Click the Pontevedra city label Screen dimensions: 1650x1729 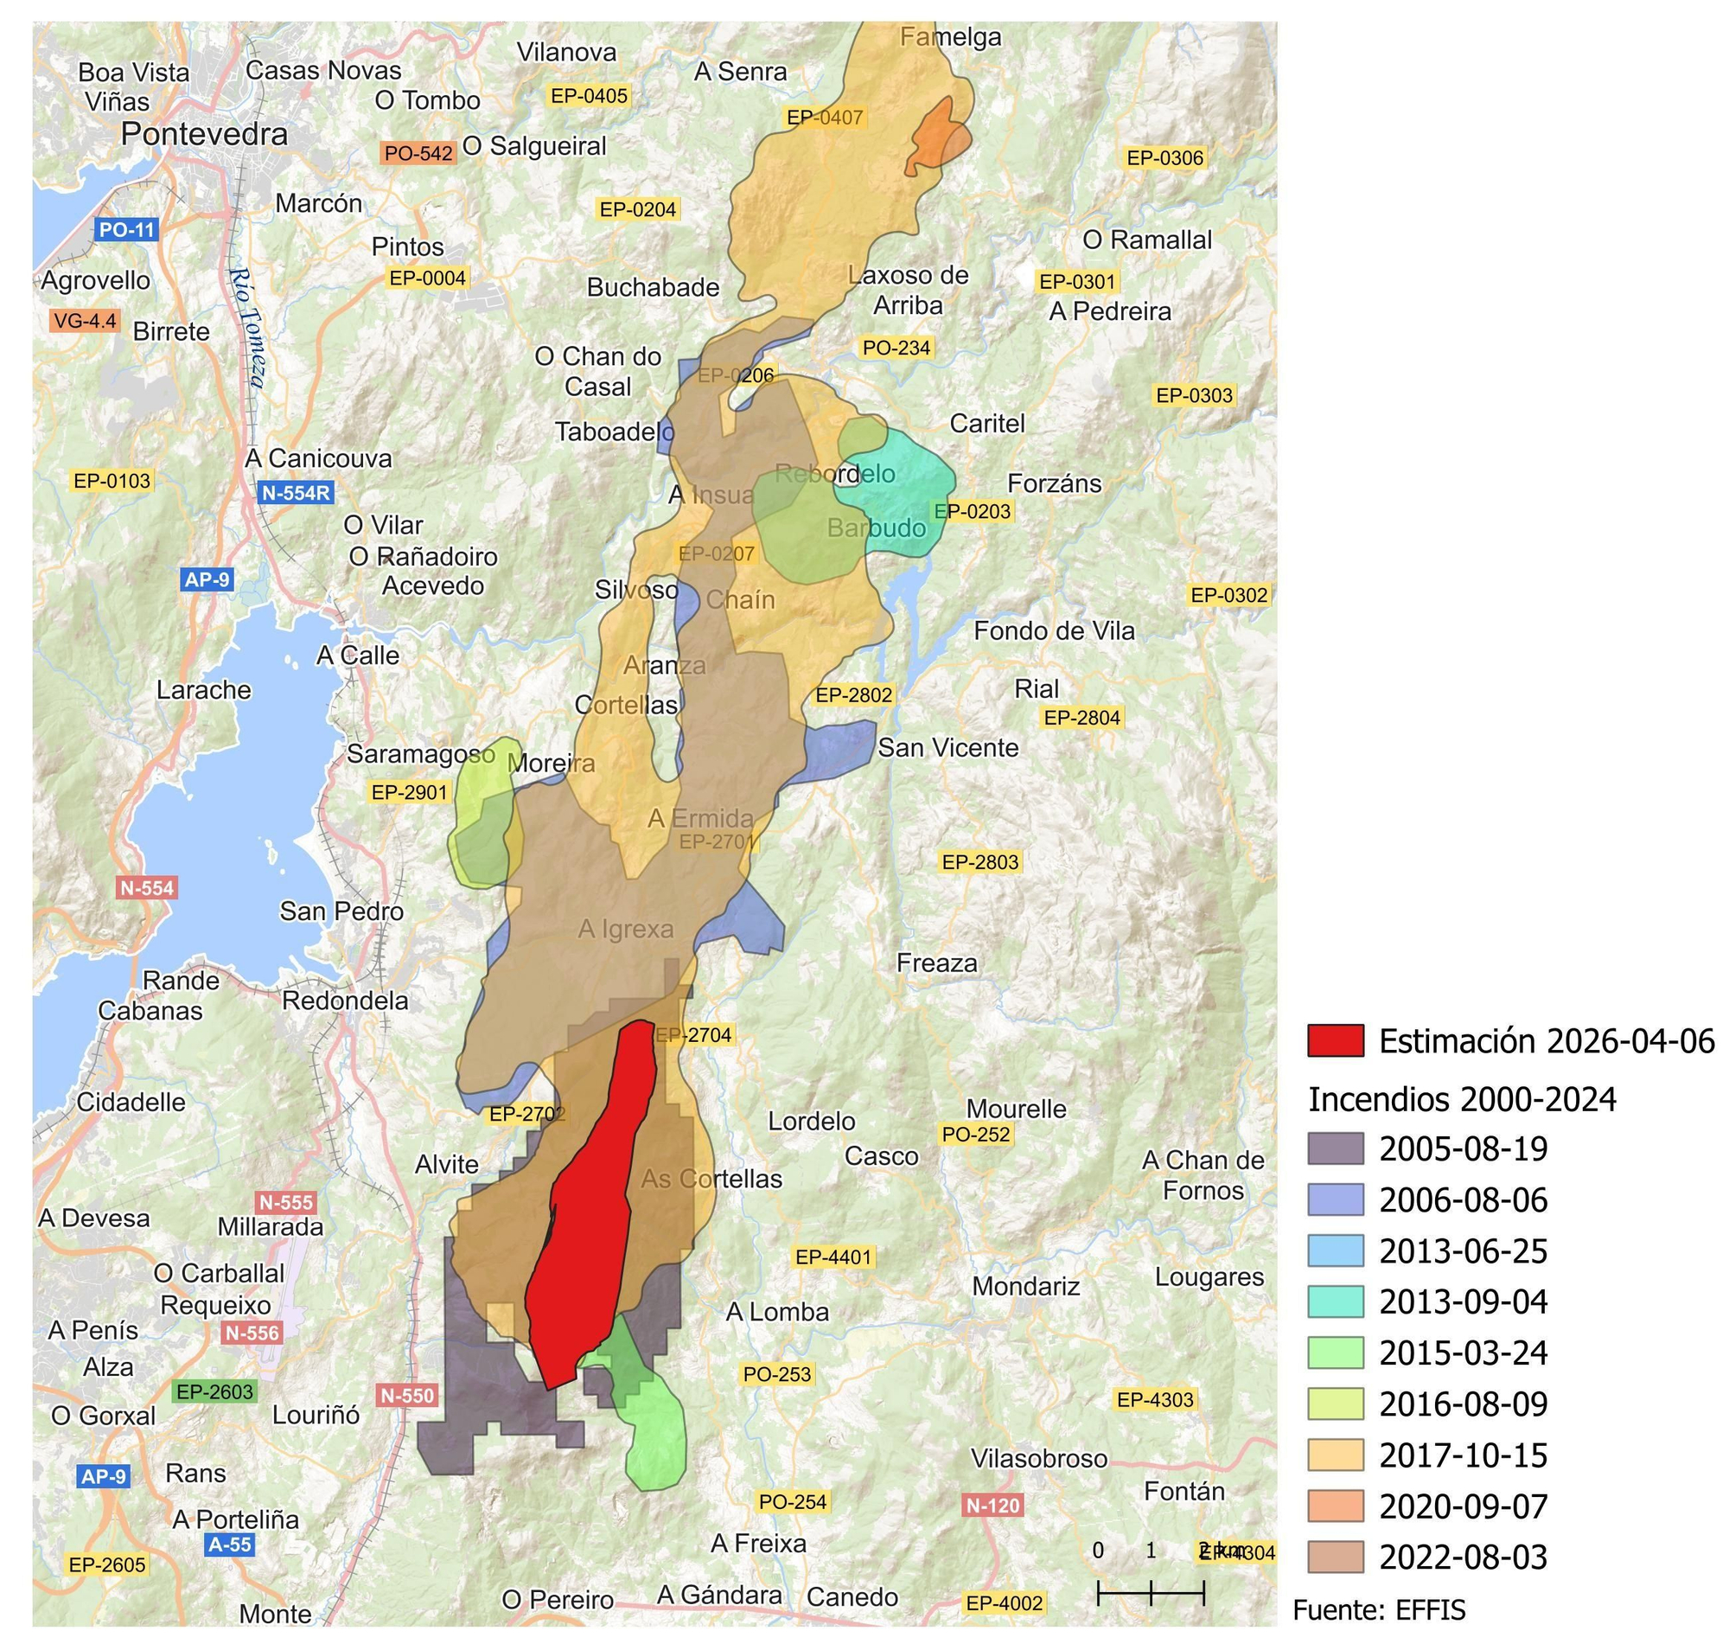tap(204, 134)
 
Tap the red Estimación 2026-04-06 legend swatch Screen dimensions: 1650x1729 tap(1335, 1040)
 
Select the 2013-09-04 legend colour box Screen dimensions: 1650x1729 tap(1335, 1301)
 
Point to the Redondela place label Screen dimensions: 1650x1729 tap(345, 1001)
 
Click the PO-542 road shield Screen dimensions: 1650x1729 tap(418, 153)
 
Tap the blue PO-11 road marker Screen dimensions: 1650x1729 tap(126, 230)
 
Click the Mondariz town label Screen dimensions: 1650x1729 tap(1025, 1287)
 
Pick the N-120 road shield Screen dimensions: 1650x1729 tap(992, 1506)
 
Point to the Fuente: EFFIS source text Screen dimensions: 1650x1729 tap(1379, 1610)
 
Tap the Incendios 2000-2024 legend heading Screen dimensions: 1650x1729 tap(1462, 1099)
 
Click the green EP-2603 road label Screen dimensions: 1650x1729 tap(214, 1392)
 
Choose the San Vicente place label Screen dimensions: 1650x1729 tap(948, 747)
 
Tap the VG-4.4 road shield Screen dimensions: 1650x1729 tap(85, 321)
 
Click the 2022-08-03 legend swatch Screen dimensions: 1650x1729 tap(1335, 1557)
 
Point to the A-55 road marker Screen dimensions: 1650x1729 tap(230, 1544)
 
